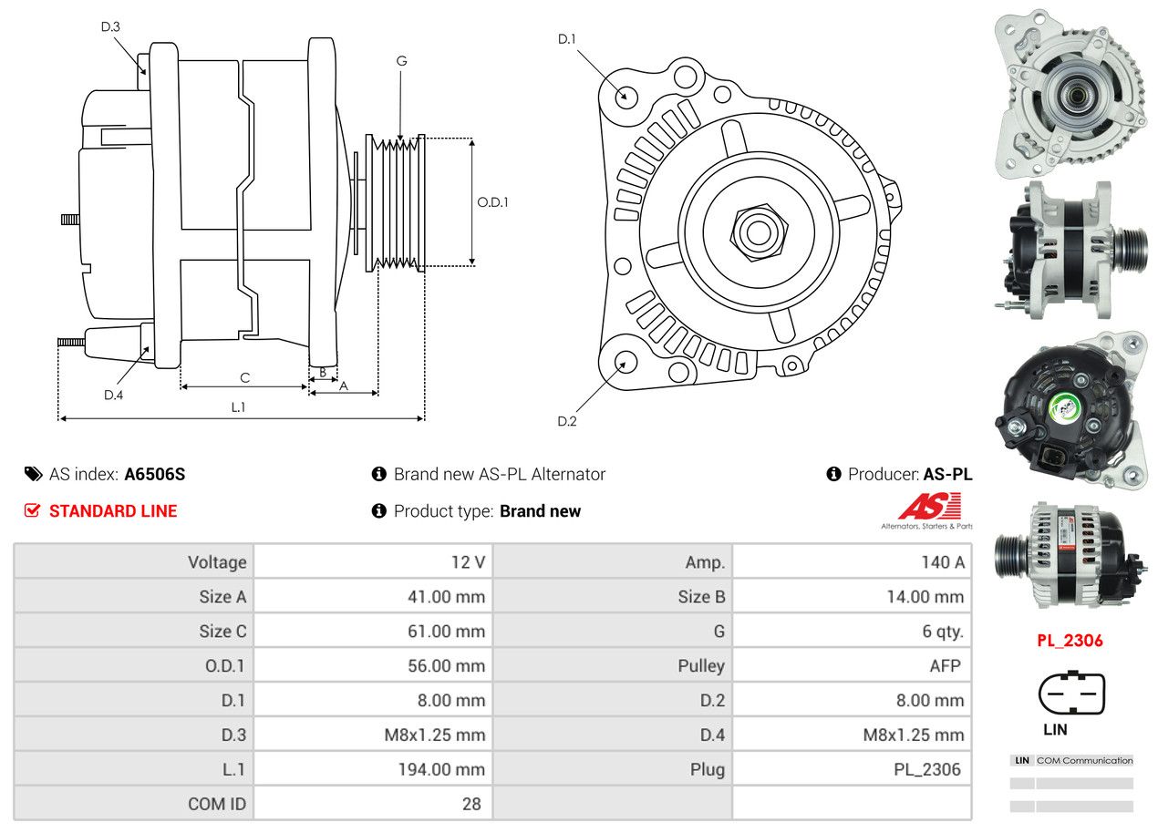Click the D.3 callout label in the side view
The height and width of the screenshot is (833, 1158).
(110, 26)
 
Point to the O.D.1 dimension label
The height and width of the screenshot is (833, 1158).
(492, 202)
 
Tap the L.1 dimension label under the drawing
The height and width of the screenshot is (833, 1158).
(238, 407)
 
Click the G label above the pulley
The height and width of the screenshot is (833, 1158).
(401, 61)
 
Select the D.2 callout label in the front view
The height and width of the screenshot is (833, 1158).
(567, 421)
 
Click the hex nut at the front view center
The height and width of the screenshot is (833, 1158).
(756, 230)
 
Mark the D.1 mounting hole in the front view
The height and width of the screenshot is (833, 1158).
(626, 95)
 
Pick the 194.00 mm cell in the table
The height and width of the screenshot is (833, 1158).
(440, 769)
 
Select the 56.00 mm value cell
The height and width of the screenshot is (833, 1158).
(446, 665)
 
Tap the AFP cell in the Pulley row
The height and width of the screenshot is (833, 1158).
(945, 665)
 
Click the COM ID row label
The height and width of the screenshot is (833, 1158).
(217, 804)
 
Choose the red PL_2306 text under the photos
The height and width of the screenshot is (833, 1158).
(1070, 641)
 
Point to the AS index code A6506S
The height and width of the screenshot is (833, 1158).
(155, 474)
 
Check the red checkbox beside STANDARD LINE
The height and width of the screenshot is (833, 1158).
(32, 510)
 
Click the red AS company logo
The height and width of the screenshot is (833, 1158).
(928, 507)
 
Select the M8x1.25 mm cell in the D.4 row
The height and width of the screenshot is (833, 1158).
(913, 735)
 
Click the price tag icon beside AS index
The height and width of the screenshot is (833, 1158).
(34, 474)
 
